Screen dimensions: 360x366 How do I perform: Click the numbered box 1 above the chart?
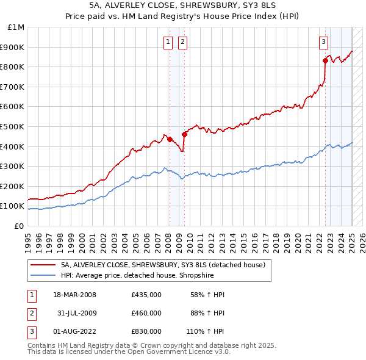[167, 42]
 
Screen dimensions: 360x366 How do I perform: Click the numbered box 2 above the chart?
[182, 42]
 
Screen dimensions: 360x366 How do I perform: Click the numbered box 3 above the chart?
[323, 42]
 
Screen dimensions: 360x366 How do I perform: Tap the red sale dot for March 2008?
[170, 139]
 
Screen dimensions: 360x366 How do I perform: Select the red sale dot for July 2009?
[184, 134]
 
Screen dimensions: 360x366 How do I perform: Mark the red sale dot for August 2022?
[325, 60]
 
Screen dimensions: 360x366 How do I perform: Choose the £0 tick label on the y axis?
[19, 226]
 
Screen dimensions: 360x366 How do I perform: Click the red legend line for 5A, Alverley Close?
[43, 265]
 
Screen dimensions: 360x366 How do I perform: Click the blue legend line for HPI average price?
[43, 275]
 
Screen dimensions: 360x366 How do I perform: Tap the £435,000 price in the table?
[146, 295]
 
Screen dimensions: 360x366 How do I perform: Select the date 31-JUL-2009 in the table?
[74, 313]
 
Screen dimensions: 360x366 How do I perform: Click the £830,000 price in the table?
[146, 331]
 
